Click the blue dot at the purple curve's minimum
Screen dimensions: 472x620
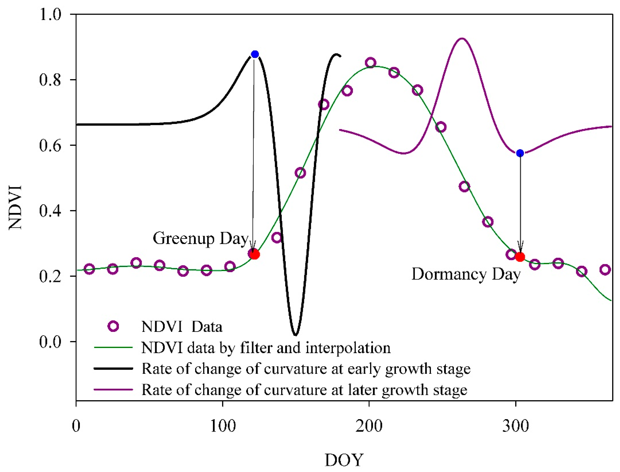click(520, 153)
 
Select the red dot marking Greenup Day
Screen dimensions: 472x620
click(255, 255)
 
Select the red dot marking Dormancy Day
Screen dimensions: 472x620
click(520, 257)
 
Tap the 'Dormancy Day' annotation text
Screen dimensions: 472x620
click(466, 274)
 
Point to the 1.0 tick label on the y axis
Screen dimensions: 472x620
click(50, 14)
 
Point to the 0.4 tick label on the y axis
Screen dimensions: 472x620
click(50, 211)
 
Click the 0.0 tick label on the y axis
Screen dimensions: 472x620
click(50, 342)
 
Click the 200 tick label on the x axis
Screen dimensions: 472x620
click(369, 426)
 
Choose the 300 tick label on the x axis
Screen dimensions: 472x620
click(515, 426)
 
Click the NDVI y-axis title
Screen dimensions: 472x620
click(15, 207)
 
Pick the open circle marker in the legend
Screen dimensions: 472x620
click(113, 326)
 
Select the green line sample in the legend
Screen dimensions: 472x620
click(113, 348)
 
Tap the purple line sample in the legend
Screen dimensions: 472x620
click(113, 389)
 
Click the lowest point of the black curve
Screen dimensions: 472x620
click(295, 335)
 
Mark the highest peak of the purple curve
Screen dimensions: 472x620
click(462, 39)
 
